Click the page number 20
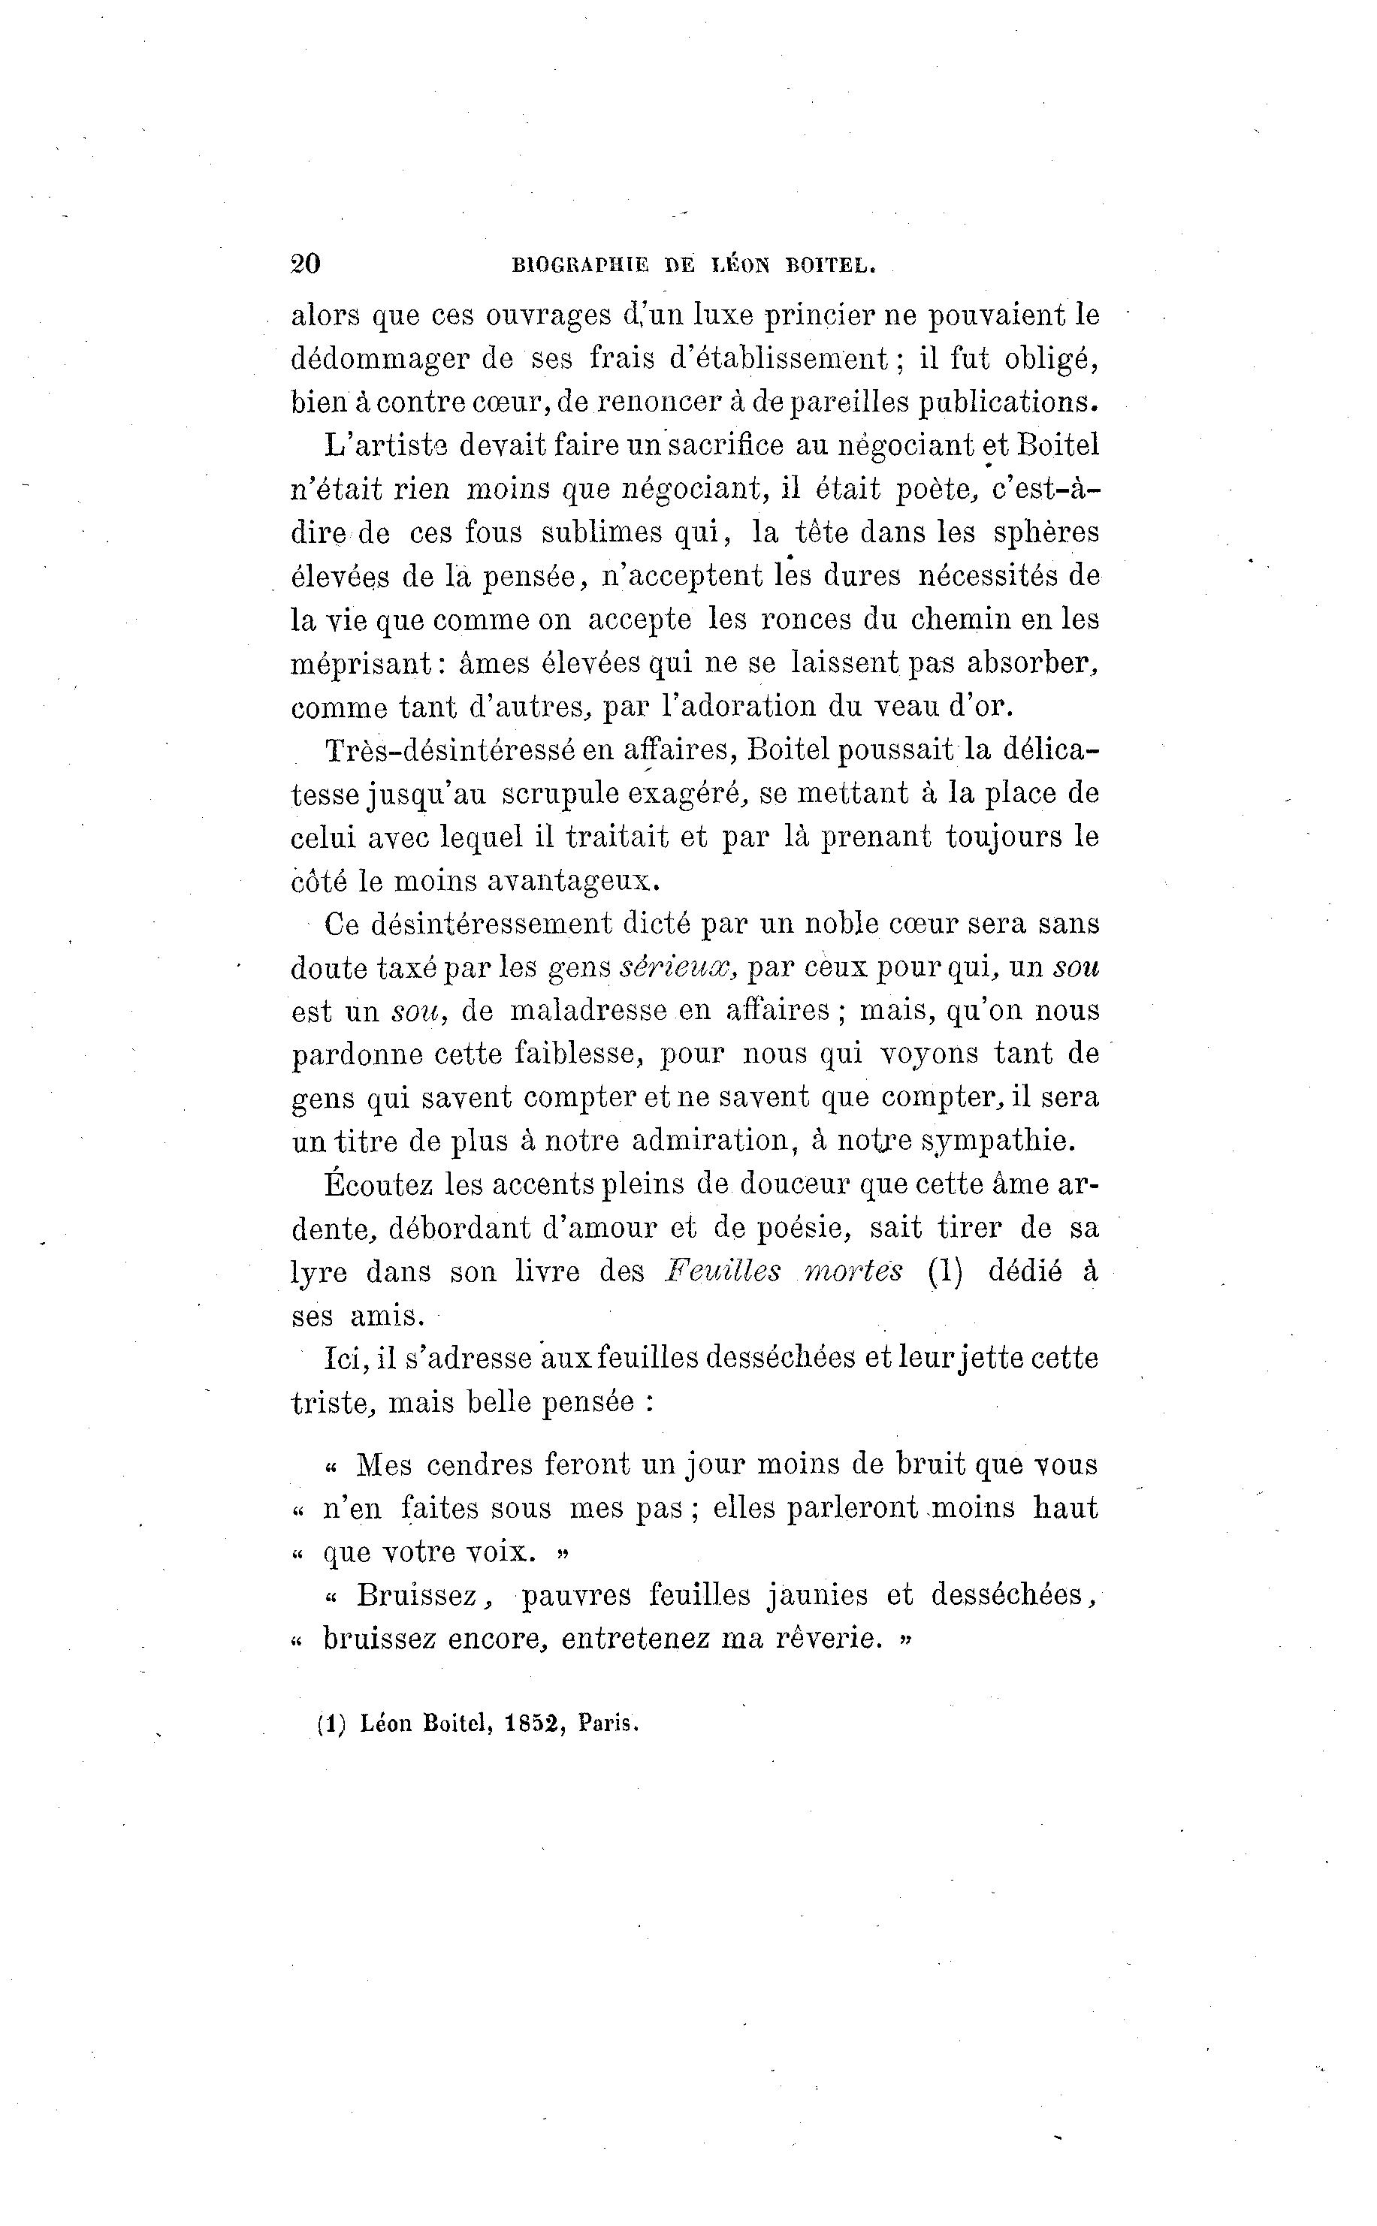click(305, 264)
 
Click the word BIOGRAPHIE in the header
click(580, 266)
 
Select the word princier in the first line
click(817, 315)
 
